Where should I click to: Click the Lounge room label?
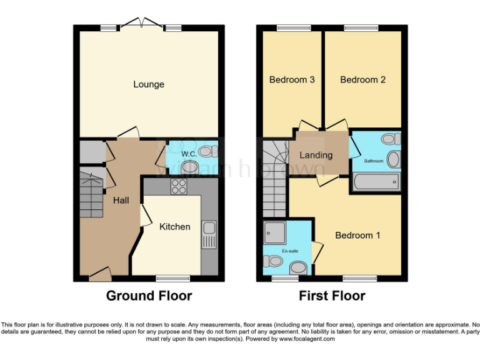pos(149,84)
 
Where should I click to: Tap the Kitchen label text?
pos(175,226)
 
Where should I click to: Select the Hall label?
pos(121,201)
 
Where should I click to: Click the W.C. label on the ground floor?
pos(189,154)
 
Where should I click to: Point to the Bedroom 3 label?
pos(292,80)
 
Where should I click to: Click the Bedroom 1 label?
pos(357,236)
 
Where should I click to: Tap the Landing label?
pos(316,155)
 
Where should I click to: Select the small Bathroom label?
pos(374,161)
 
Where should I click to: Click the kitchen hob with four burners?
pos(179,186)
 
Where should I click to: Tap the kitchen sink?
pos(208,236)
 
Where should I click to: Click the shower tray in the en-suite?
pos(275,232)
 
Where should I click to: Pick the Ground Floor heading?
pos(149,296)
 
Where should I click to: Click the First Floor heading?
pos(332,296)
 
